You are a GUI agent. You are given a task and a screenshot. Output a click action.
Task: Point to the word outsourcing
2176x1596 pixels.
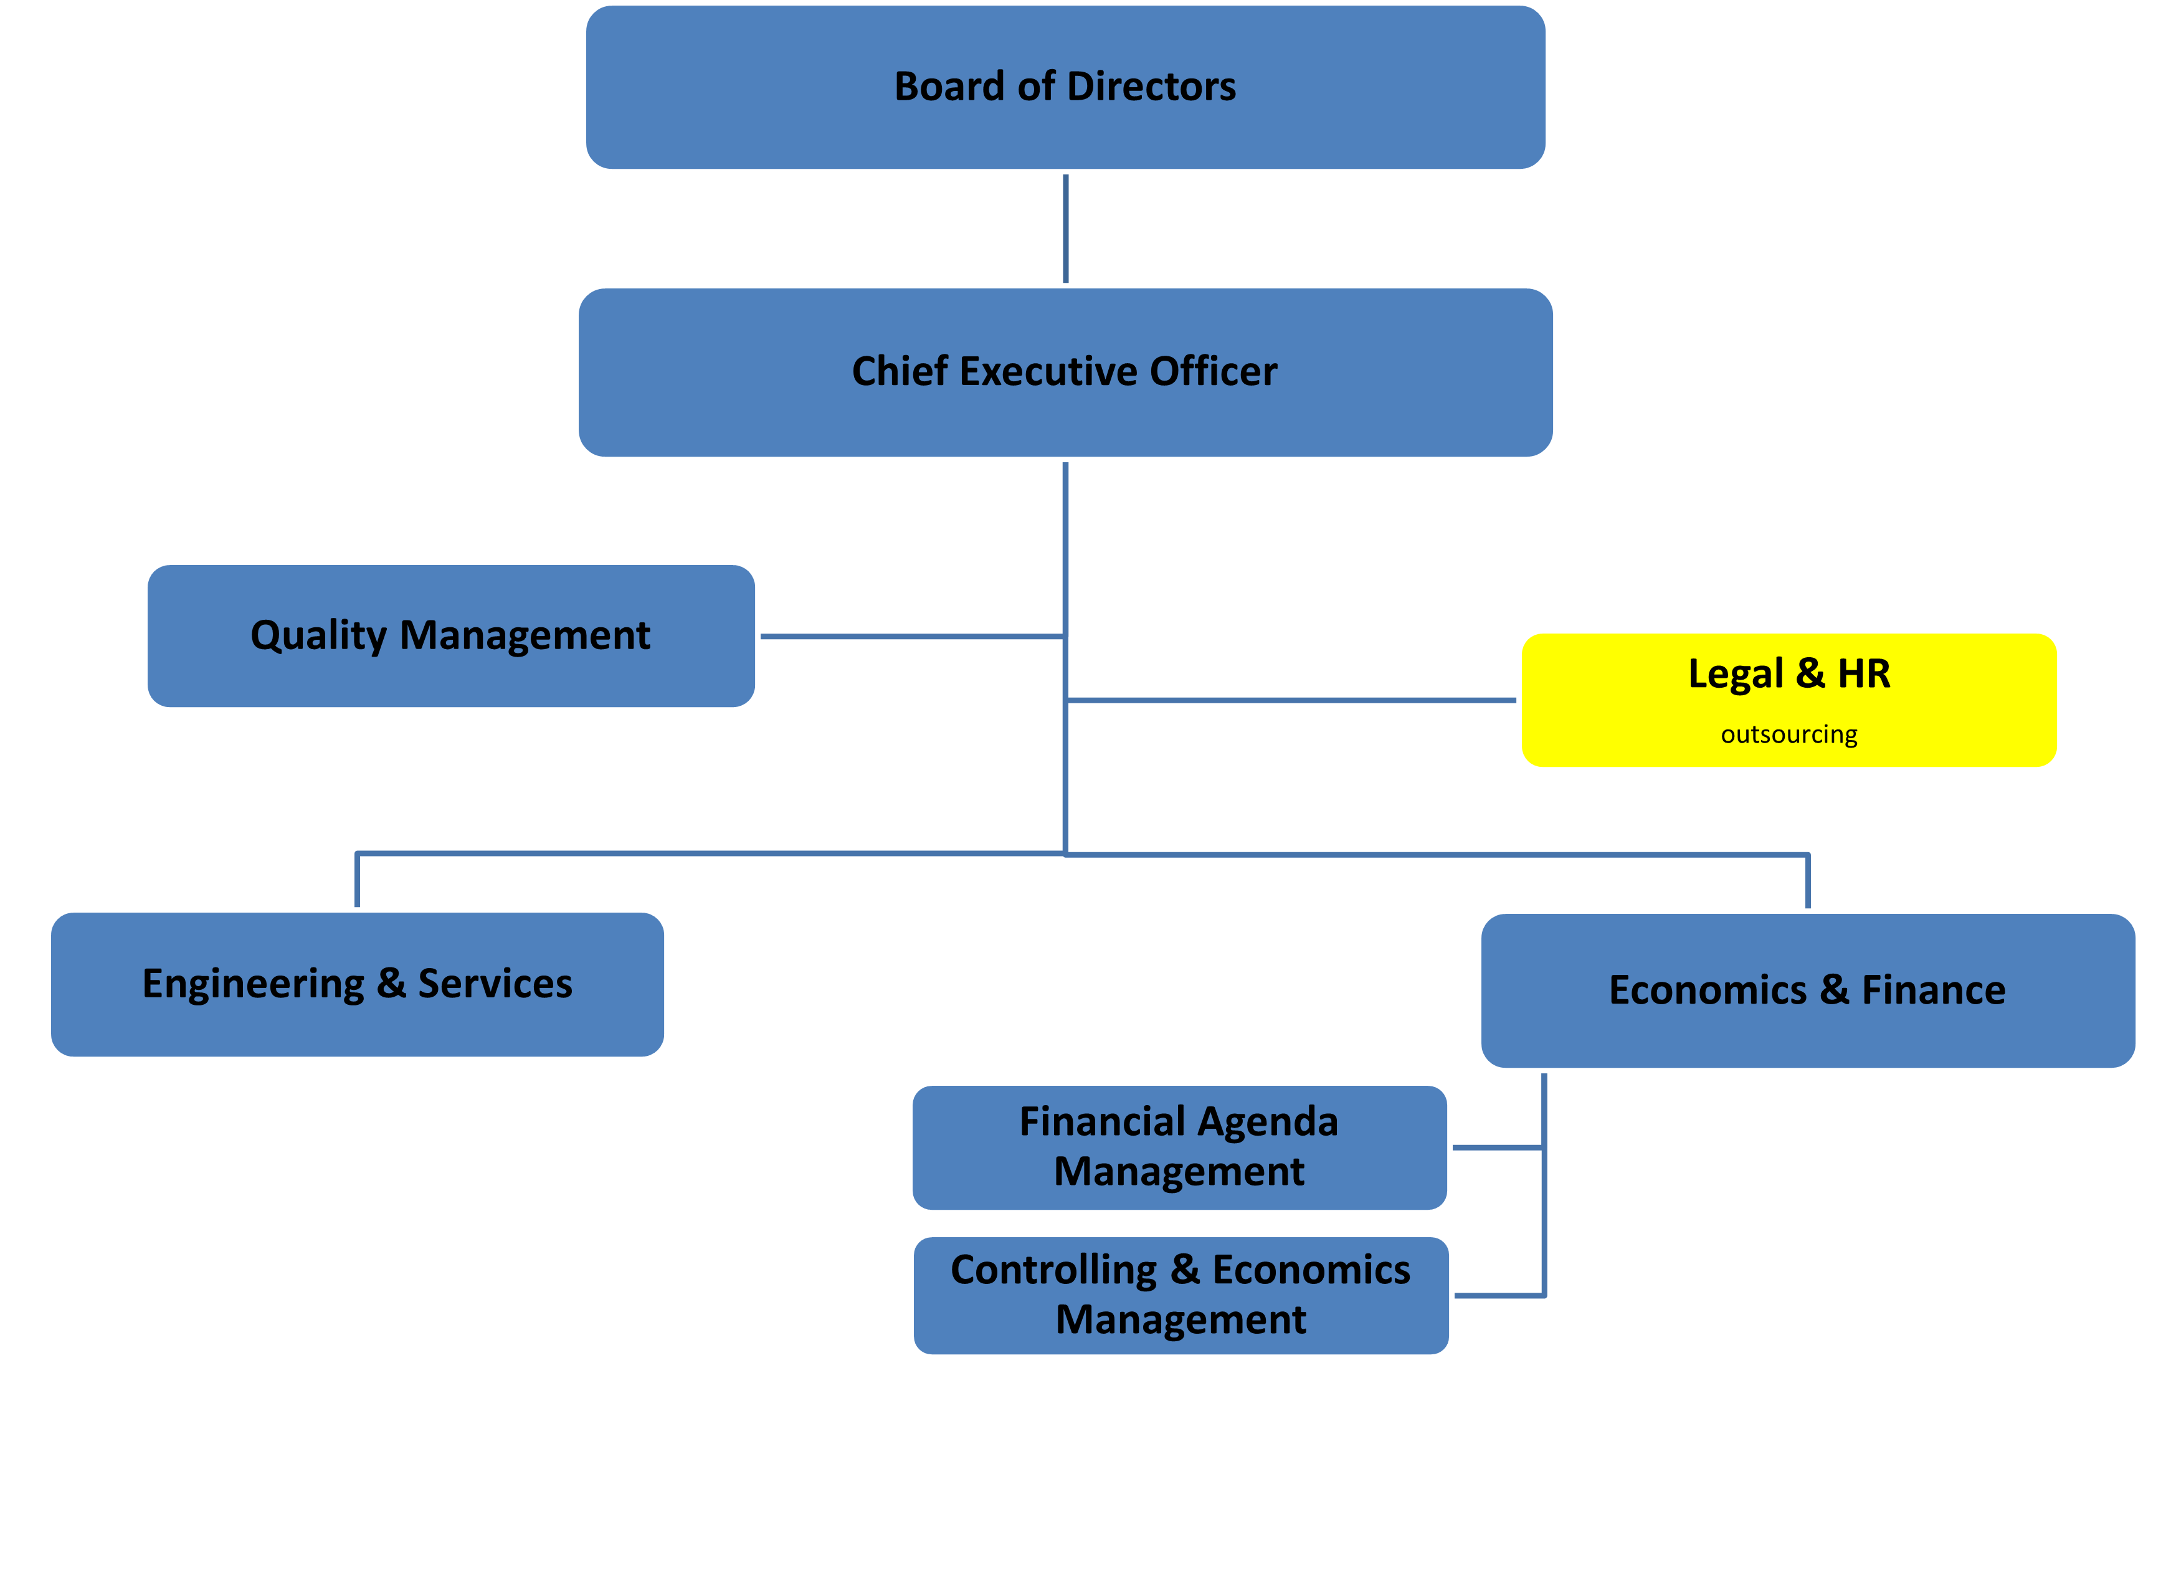tap(1789, 734)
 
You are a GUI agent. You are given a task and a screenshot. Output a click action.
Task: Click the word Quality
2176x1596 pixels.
tap(318, 635)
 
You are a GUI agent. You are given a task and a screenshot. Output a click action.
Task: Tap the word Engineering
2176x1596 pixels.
tap(253, 984)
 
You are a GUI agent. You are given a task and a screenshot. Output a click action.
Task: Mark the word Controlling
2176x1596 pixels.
tap(1053, 1270)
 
